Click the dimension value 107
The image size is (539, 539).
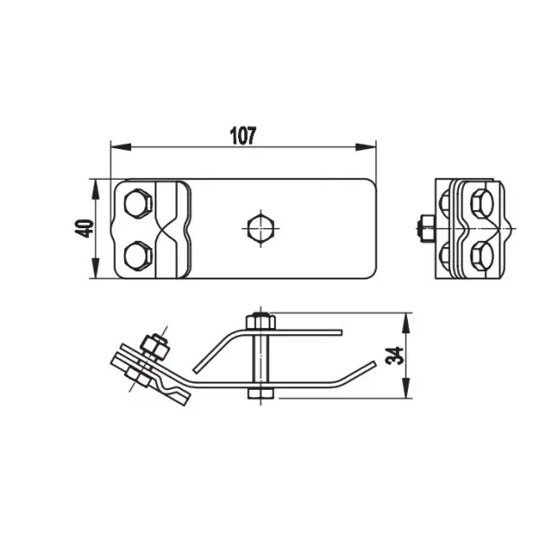coord(243,136)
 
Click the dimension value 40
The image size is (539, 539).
coord(84,228)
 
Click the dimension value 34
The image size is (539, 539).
coord(394,356)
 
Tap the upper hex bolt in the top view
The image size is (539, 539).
coord(137,203)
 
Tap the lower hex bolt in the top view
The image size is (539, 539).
coord(137,255)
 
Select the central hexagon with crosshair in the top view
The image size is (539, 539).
coord(261,228)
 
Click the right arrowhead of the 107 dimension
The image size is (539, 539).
coord(366,147)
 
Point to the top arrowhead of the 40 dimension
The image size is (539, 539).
coord(95,190)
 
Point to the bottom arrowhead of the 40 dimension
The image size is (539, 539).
coord(95,268)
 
